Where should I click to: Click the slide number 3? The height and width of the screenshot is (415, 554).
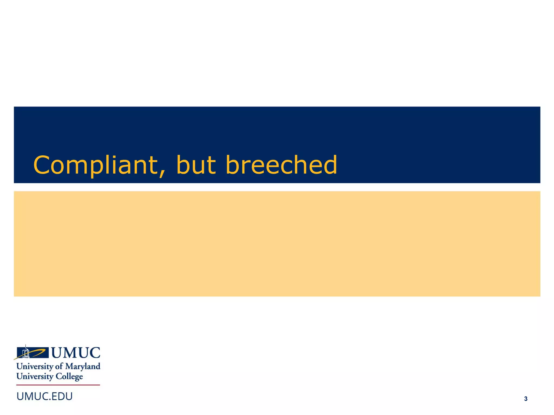click(x=526, y=399)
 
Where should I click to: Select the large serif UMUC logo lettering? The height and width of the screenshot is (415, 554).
click(x=76, y=353)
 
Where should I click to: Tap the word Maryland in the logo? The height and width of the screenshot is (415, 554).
click(x=83, y=367)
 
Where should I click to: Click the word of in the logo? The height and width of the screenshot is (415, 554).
click(x=59, y=366)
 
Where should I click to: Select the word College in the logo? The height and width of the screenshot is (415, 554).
click(x=69, y=377)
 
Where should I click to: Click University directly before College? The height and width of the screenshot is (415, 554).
click(x=35, y=377)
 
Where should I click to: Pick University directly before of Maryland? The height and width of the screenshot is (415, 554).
click(x=35, y=367)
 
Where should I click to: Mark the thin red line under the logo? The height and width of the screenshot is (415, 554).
click(x=58, y=385)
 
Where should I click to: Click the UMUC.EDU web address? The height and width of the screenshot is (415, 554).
click(x=45, y=396)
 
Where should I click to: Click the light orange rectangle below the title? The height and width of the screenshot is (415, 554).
click(x=277, y=244)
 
